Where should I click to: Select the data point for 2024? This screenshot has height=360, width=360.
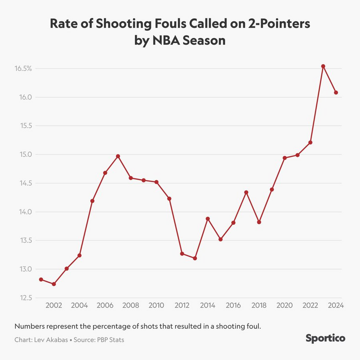pyautogui.click(x=336, y=93)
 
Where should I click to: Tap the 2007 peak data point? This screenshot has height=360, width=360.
pyautogui.click(x=118, y=156)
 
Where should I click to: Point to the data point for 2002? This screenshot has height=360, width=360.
pyautogui.click(x=54, y=284)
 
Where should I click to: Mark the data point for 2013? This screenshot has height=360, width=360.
pyautogui.click(x=195, y=258)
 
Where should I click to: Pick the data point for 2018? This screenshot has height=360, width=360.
pyautogui.click(x=259, y=222)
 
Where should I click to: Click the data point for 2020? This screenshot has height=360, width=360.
pyautogui.click(x=285, y=158)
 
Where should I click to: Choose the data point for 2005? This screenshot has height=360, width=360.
pyautogui.click(x=92, y=201)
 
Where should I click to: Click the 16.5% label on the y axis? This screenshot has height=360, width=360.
pyautogui.click(x=23, y=69)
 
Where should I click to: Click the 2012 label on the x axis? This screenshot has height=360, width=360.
pyautogui.click(x=182, y=305)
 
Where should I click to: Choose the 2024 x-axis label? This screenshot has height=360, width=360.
pyautogui.click(x=336, y=305)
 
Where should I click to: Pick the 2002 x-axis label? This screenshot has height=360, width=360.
pyautogui.click(x=54, y=305)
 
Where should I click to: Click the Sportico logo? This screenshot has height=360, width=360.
pyautogui.click(x=325, y=338)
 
